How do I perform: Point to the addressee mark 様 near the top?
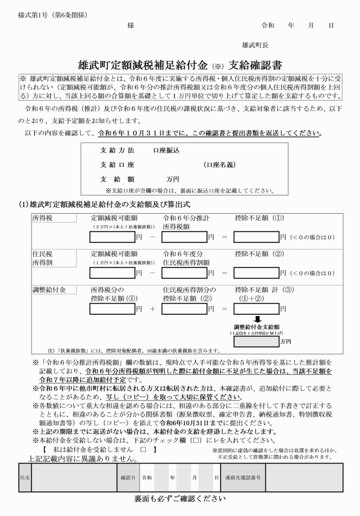(x=130, y=26)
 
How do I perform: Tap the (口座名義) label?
(x=219, y=165)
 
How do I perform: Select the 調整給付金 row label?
(x=49, y=290)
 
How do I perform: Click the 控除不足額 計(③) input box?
(x=255, y=309)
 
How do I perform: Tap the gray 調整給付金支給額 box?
(x=255, y=341)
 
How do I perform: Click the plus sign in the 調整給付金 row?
(x=153, y=309)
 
